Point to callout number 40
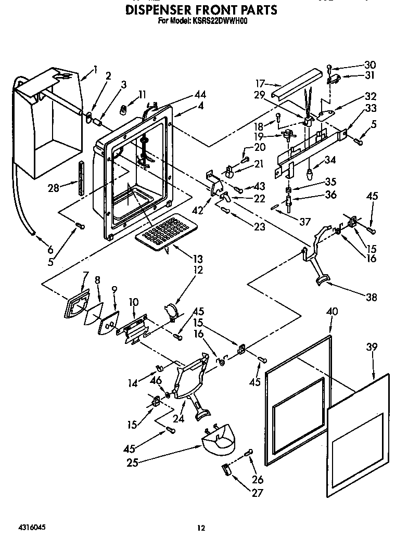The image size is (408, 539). point(332,312)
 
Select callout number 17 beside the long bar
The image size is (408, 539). point(261,83)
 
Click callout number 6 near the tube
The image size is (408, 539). point(35,249)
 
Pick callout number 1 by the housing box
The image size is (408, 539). point(96,69)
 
